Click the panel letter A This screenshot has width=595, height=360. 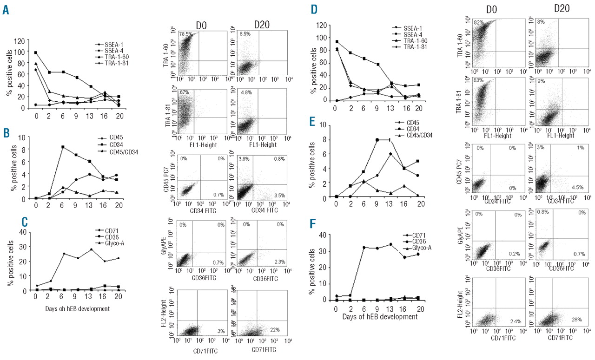click(x=6, y=10)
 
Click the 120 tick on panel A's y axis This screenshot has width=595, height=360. click(x=20, y=40)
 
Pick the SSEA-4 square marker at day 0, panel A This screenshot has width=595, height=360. click(x=36, y=52)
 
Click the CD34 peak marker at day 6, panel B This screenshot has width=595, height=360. click(x=62, y=147)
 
